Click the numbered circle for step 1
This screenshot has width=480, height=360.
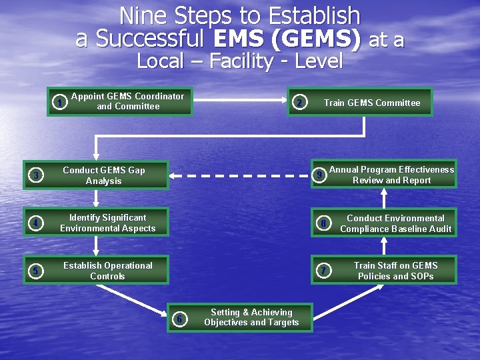point(60,103)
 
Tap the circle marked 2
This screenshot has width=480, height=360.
point(301,103)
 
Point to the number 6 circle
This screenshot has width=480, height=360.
point(179,319)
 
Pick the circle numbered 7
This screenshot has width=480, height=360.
point(323,271)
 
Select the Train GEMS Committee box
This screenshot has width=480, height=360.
point(372,103)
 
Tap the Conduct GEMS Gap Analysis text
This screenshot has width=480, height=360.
point(104,175)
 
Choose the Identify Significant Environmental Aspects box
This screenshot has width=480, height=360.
point(107,223)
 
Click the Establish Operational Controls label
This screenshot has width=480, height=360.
point(107,271)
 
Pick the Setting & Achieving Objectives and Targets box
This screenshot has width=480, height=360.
point(251,317)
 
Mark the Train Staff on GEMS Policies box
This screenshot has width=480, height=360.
point(395,271)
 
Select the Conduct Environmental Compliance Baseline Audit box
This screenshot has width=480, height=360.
point(395,223)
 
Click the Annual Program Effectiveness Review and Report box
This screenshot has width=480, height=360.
point(391,175)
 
